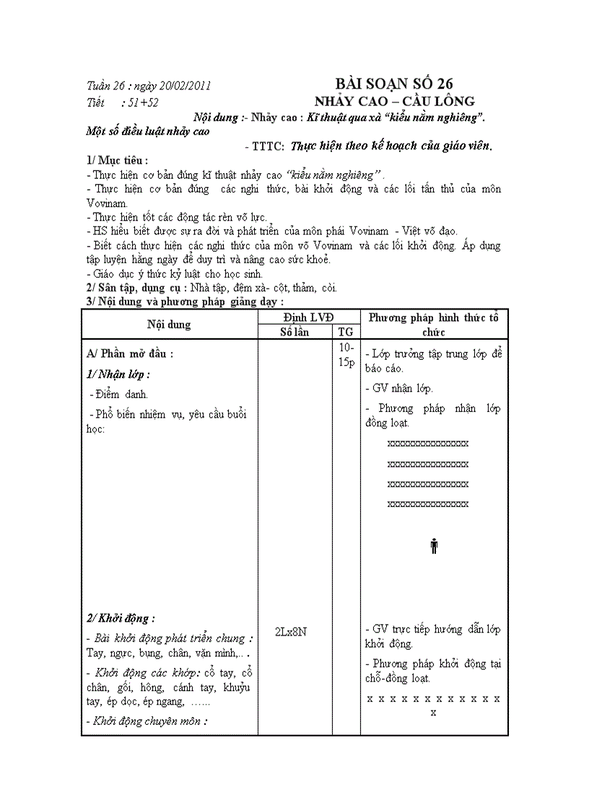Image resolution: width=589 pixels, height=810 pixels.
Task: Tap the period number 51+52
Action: click(x=144, y=102)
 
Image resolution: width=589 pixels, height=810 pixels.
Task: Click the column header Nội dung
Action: click(x=169, y=324)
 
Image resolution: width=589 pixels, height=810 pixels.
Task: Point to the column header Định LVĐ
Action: click(x=309, y=317)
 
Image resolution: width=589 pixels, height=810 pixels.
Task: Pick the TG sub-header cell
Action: click(x=346, y=332)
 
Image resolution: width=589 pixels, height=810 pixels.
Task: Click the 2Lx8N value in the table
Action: click(x=292, y=631)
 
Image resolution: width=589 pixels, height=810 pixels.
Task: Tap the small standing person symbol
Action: click(x=434, y=546)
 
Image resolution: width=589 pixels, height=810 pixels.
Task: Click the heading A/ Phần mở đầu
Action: click(x=130, y=354)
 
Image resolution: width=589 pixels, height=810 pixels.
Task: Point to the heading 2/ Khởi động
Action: click(x=121, y=618)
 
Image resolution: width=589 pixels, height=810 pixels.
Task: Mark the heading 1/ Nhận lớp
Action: click(x=118, y=374)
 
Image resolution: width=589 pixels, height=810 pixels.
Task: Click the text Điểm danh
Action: click(x=119, y=395)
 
